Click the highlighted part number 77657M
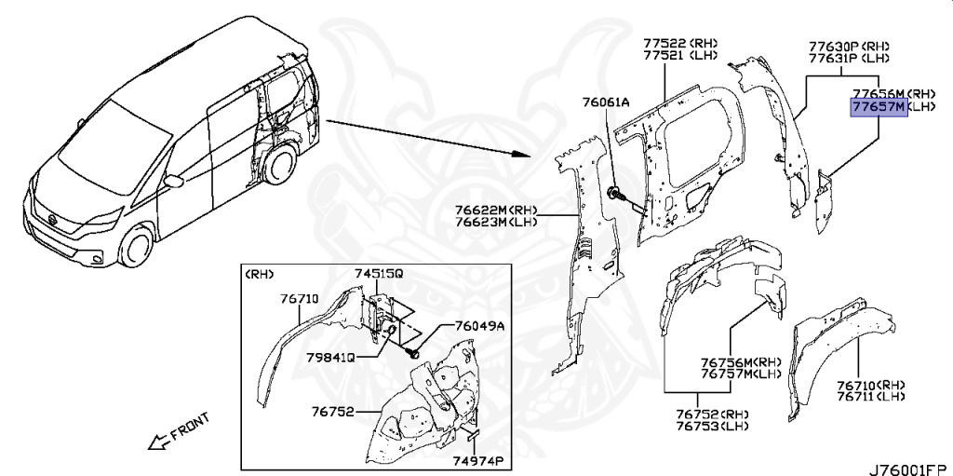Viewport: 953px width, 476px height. [878, 108]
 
